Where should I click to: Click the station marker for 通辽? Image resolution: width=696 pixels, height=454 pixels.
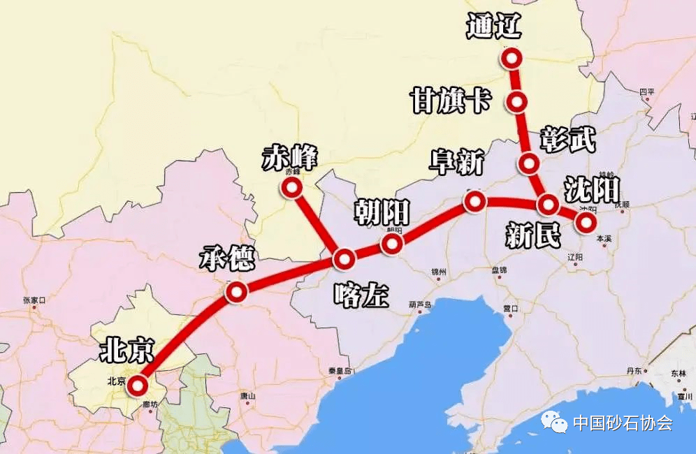point(512,58)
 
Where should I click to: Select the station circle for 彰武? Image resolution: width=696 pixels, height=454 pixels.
point(529,164)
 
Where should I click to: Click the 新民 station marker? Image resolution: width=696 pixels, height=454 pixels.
point(548,205)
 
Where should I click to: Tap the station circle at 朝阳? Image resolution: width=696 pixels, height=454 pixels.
point(392,244)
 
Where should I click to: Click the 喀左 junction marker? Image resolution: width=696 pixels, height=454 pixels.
point(344,260)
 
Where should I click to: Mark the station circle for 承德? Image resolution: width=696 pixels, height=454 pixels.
point(236,293)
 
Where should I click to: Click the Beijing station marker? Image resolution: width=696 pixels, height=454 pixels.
point(138,385)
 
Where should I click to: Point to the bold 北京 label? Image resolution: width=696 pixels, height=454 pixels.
point(126,349)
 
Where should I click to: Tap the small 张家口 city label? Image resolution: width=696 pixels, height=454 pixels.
point(34,300)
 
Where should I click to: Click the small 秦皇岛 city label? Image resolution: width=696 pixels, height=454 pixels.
point(338,371)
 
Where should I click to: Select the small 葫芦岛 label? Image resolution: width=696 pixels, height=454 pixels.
point(420,305)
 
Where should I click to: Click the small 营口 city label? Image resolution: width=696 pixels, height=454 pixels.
point(510,308)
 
